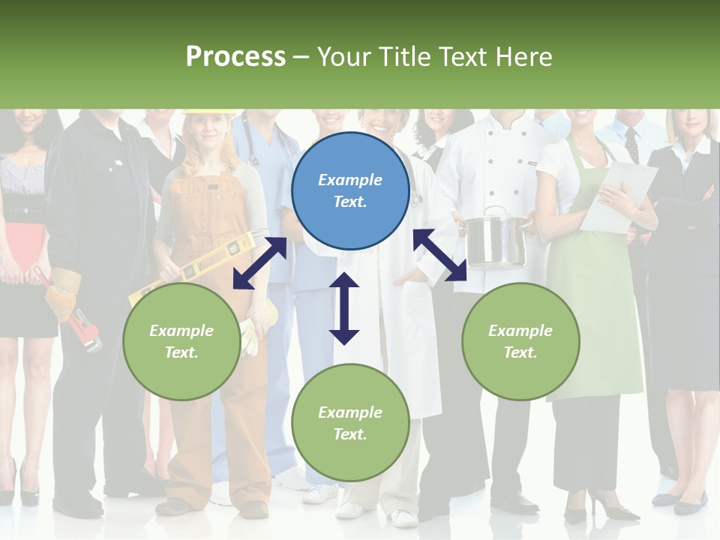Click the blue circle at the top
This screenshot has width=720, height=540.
click(350, 190)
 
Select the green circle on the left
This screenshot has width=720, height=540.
click(181, 341)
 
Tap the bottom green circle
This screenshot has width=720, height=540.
click(350, 423)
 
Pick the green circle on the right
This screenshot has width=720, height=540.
click(520, 341)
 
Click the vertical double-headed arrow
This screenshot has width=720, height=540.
click(344, 309)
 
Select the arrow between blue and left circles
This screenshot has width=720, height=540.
click(259, 263)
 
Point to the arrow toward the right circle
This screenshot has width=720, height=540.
click(440, 255)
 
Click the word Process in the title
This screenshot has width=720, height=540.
click(235, 56)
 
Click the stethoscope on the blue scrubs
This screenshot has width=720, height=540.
click(252, 150)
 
